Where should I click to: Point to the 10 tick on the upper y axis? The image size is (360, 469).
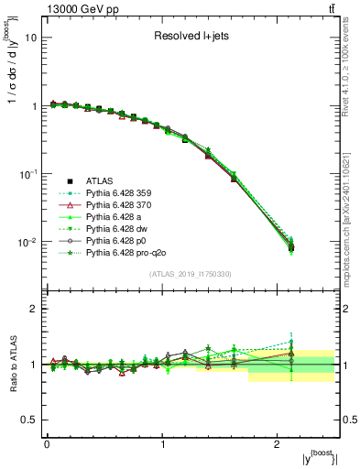coord(32,38)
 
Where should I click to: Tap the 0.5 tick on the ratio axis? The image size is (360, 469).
coord(30,420)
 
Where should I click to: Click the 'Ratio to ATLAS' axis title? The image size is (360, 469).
coord(12,365)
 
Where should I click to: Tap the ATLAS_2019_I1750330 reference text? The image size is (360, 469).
coord(191,275)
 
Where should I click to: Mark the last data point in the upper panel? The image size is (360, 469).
coord(291,247)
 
